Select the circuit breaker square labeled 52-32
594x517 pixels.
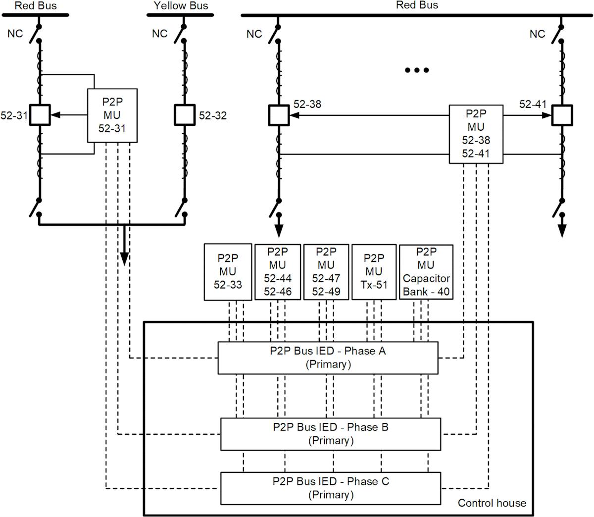point(185,115)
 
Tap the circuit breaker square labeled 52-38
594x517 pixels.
point(279,115)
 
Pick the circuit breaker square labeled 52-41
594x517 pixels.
point(562,115)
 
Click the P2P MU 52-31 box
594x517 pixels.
point(113,115)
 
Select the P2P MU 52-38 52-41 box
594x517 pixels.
point(476,134)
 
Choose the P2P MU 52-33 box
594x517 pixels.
point(228,271)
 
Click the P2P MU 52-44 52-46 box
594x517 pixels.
point(277,271)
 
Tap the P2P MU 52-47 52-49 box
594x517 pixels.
point(326,271)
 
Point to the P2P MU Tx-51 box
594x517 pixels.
point(374,271)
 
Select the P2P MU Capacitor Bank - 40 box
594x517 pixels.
point(426,271)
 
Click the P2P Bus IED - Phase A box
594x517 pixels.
point(328,358)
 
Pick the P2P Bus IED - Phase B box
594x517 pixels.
point(330,433)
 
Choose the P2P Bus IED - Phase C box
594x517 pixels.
point(330,487)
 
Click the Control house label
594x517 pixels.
point(492,503)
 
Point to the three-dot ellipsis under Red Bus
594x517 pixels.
point(416,70)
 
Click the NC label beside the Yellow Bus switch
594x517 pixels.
point(159,34)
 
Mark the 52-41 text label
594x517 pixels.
point(533,104)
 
